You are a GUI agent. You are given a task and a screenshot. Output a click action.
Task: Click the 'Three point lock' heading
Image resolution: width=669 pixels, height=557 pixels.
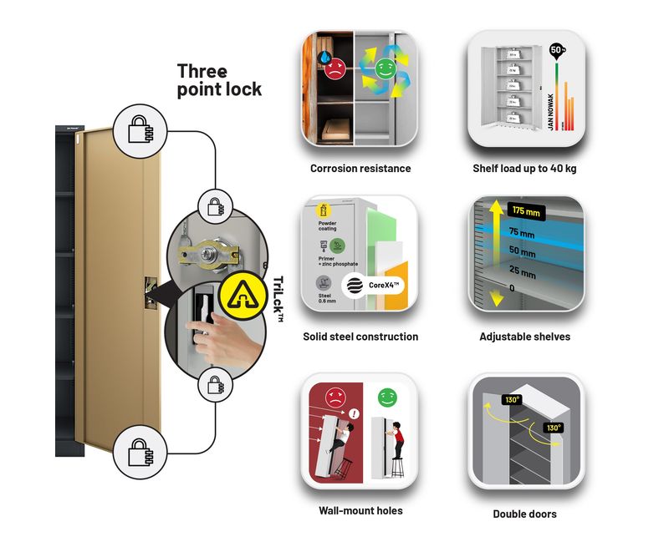tap(219, 80)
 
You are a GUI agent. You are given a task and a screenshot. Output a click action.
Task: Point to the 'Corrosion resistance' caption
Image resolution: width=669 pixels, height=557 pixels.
tap(360, 169)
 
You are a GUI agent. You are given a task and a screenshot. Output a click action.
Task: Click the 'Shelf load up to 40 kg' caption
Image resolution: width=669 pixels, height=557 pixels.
tap(524, 169)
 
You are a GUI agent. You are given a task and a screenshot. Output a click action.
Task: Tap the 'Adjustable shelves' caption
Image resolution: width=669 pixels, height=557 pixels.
tap(525, 337)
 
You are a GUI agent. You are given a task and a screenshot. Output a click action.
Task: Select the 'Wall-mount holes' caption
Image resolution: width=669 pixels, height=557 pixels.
tap(360, 510)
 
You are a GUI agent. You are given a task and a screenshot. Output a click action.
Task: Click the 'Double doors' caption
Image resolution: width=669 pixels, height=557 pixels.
tap(524, 514)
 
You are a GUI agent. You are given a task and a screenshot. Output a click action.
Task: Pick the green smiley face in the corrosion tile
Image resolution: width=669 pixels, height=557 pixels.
tap(385, 68)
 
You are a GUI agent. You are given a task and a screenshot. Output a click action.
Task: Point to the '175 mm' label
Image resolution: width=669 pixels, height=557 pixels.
tap(526, 210)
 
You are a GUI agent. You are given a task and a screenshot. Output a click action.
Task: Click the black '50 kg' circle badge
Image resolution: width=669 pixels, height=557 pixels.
tap(555, 49)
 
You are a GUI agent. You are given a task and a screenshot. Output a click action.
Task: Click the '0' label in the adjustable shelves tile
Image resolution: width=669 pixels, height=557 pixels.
tap(512, 288)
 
